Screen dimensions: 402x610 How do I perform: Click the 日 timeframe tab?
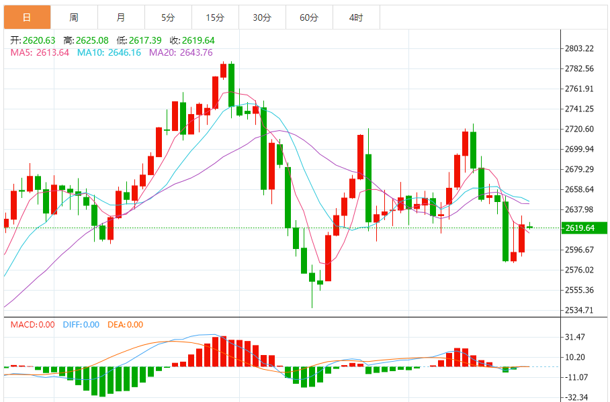tap(26, 17)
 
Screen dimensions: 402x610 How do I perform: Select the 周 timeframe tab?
tap(73, 17)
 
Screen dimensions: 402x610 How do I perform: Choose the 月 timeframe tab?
tap(120, 17)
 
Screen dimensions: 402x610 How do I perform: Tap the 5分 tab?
tap(168, 17)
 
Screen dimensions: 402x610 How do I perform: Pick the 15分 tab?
tap(215, 17)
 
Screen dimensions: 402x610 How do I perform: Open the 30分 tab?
tap(262, 17)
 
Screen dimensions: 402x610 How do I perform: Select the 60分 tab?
tap(309, 17)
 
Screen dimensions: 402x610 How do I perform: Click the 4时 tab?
tap(356, 17)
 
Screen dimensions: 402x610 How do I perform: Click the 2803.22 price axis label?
tap(580, 48)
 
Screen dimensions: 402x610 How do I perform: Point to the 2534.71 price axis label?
tap(580, 310)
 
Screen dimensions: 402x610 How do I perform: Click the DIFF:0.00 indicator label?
tap(81, 325)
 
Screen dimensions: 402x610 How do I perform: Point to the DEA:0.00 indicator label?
tap(125, 325)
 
